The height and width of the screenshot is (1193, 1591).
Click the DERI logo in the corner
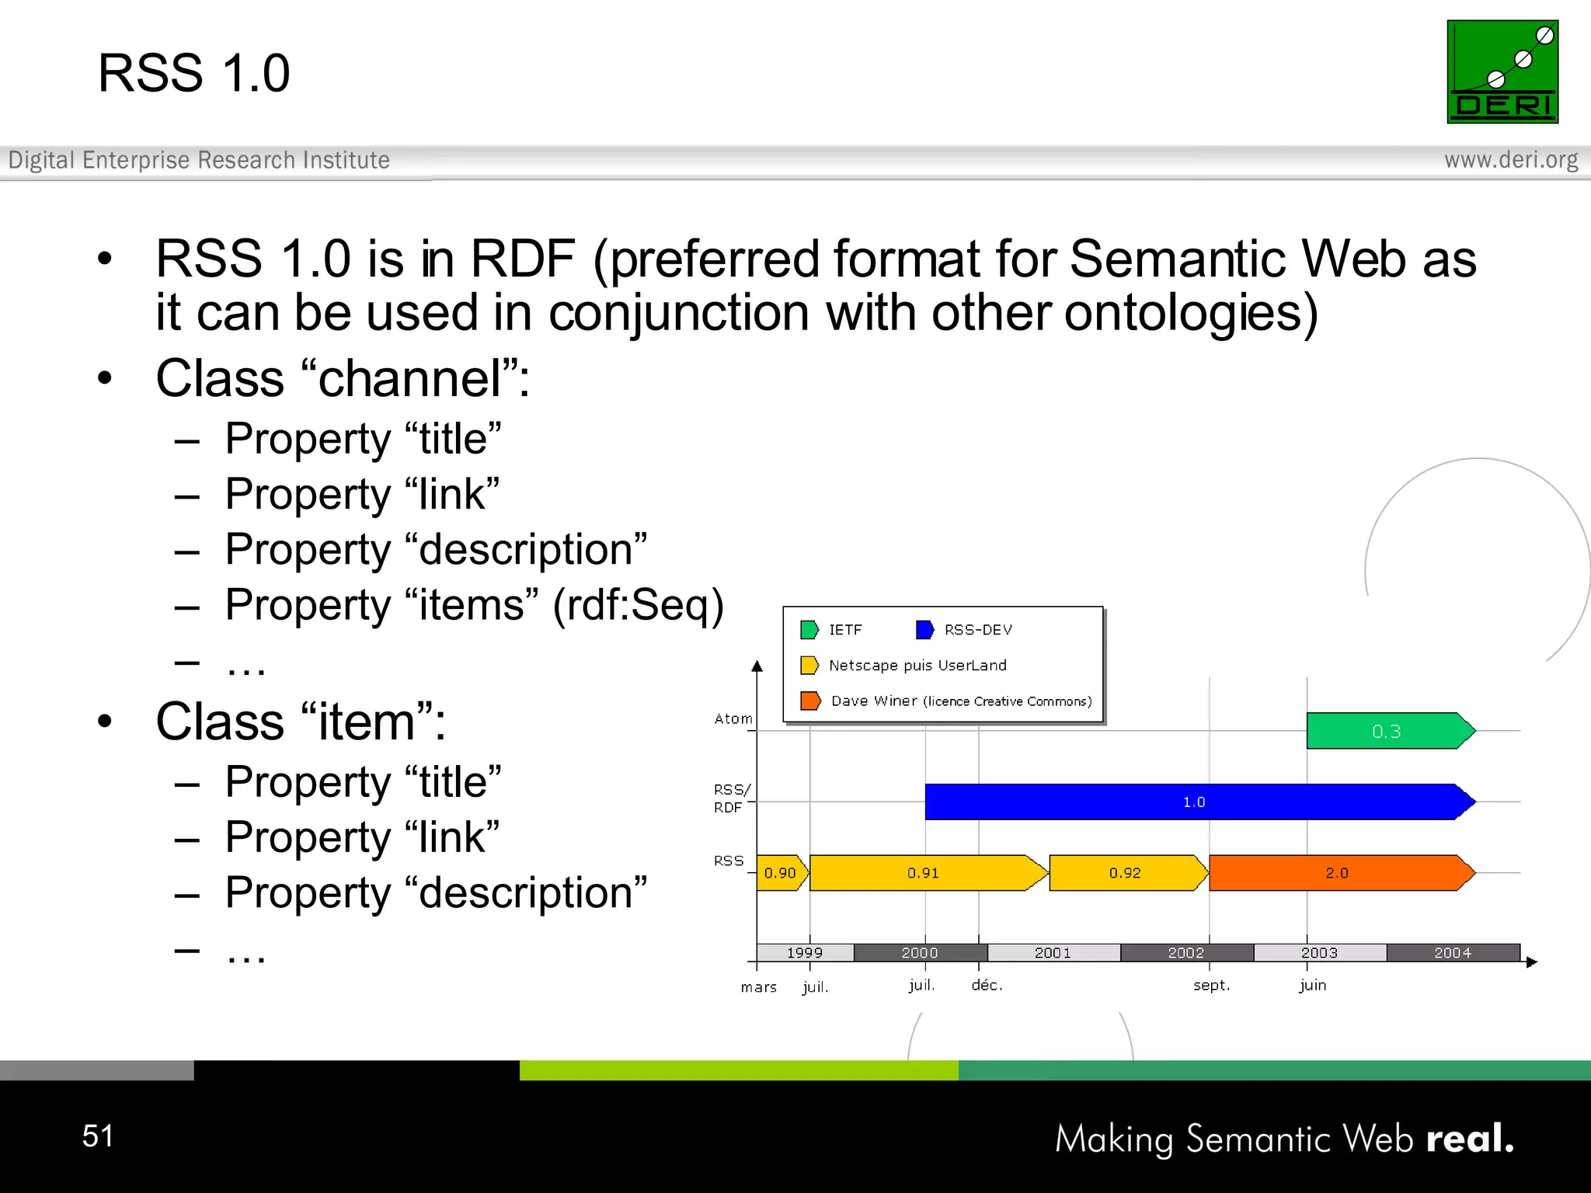coord(1502,71)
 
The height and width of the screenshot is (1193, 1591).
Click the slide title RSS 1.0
coord(193,73)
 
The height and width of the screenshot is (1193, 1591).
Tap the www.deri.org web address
coord(1510,160)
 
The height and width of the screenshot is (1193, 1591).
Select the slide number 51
coord(98,1136)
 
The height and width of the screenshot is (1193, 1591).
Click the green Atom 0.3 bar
coord(1387,731)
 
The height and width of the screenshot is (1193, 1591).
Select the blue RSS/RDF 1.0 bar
coord(1193,802)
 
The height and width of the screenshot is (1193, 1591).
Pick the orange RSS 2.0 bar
coord(1337,873)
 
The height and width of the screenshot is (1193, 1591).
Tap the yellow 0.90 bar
coord(780,873)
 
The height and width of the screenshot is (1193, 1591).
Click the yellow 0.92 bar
coord(1125,873)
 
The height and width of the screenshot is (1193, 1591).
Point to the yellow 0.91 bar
coord(923,873)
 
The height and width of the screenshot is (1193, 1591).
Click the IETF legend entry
coord(832,630)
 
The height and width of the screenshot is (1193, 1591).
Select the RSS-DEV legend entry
coord(966,630)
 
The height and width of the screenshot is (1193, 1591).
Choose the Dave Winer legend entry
coord(947,701)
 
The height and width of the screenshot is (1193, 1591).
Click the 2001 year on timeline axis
coord(1053,953)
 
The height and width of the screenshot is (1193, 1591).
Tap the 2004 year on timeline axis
coord(1452,953)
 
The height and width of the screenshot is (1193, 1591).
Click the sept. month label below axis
coord(1211,986)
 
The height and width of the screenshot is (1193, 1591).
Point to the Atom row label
coord(733,719)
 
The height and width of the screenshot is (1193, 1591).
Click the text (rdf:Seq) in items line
coord(638,605)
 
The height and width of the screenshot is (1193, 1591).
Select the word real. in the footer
coord(1470,1139)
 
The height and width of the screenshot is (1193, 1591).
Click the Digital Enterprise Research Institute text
coord(199,160)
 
